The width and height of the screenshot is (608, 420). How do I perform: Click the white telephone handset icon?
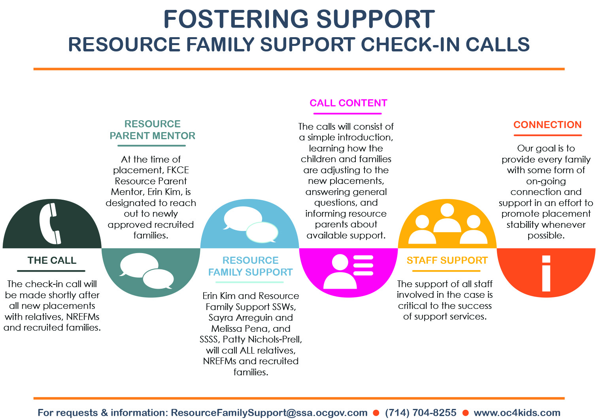pyautogui.click(x=50, y=223)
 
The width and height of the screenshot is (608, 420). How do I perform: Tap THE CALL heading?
pyautogui.click(x=52, y=260)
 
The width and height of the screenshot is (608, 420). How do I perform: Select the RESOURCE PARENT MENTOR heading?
pyautogui.click(x=152, y=130)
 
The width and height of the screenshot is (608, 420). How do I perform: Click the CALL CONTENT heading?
pyautogui.click(x=348, y=103)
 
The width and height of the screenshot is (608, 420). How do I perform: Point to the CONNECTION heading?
pyautogui.click(x=548, y=125)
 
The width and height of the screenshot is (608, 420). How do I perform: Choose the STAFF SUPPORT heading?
pyautogui.click(x=447, y=260)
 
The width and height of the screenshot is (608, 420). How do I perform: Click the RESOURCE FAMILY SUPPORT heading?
pyautogui.click(x=250, y=266)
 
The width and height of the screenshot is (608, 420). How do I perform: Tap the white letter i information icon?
pyautogui.click(x=546, y=273)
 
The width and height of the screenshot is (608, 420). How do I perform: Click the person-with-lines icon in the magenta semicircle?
pyautogui.click(x=348, y=271)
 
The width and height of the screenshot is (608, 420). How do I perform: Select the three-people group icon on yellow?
pyautogui.click(x=448, y=224)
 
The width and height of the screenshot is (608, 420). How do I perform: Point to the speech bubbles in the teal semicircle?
pyautogui.click(x=147, y=271)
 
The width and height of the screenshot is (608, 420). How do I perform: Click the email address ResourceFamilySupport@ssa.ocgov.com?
pyautogui.click(x=269, y=412)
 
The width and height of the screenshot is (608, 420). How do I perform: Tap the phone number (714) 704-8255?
pyautogui.click(x=421, y=412)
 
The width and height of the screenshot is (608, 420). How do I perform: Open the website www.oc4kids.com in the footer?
pyautogui.click(x=517, y=412)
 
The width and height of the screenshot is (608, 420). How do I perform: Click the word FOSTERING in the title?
pyautogui.click(x=236, y=19)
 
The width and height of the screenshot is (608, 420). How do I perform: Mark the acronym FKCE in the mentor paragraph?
pyautogui.click(x=178, y=170)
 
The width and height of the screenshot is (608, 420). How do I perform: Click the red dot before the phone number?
pyautogui.click(x=376, y=413)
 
